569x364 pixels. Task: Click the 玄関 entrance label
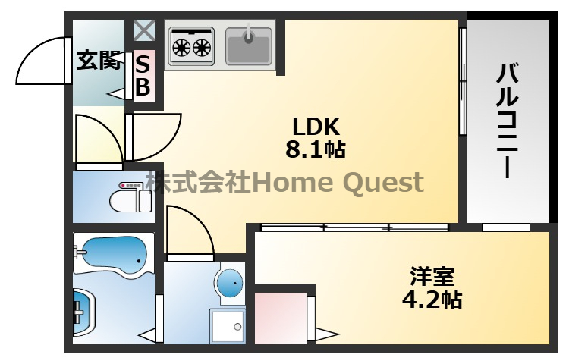tap(99, 60)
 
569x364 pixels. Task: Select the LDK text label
tap(316, 127)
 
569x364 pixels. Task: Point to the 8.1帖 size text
tap(316, 149)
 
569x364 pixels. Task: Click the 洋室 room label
tap(432, 277)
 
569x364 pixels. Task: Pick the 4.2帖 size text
tap(432, 299)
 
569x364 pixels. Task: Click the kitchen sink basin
tap(249, 46)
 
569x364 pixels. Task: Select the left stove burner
tap(181, 48)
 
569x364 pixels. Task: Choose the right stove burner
tap(202, 48)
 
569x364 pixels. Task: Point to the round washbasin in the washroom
tap(231, 283)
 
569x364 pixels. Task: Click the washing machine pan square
tap(228, 326)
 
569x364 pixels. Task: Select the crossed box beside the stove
tap(143, 30)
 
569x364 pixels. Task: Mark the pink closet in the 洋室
tap(281, 318)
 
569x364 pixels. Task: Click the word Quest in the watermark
tap(383, 183)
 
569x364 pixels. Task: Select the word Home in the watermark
tap(292, 182)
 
